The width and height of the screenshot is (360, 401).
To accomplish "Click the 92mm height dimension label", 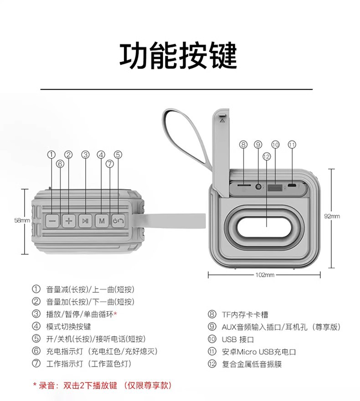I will coord(332,216).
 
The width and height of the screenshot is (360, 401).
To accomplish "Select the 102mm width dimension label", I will coord(264,275).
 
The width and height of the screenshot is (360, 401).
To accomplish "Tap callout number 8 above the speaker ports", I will coord(243,144).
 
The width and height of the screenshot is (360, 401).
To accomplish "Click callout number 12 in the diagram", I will coord(267,156).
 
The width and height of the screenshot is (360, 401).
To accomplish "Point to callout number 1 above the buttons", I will coord(51,154).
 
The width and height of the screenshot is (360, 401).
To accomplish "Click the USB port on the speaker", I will coord(274,186).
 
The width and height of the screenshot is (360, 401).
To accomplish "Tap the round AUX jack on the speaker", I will coord(259,186).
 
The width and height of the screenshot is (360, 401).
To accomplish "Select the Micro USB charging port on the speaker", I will coord(292,186).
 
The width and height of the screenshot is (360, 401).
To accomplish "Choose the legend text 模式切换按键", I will coord(68,326).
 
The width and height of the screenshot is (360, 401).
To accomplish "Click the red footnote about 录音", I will coord(103,386).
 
